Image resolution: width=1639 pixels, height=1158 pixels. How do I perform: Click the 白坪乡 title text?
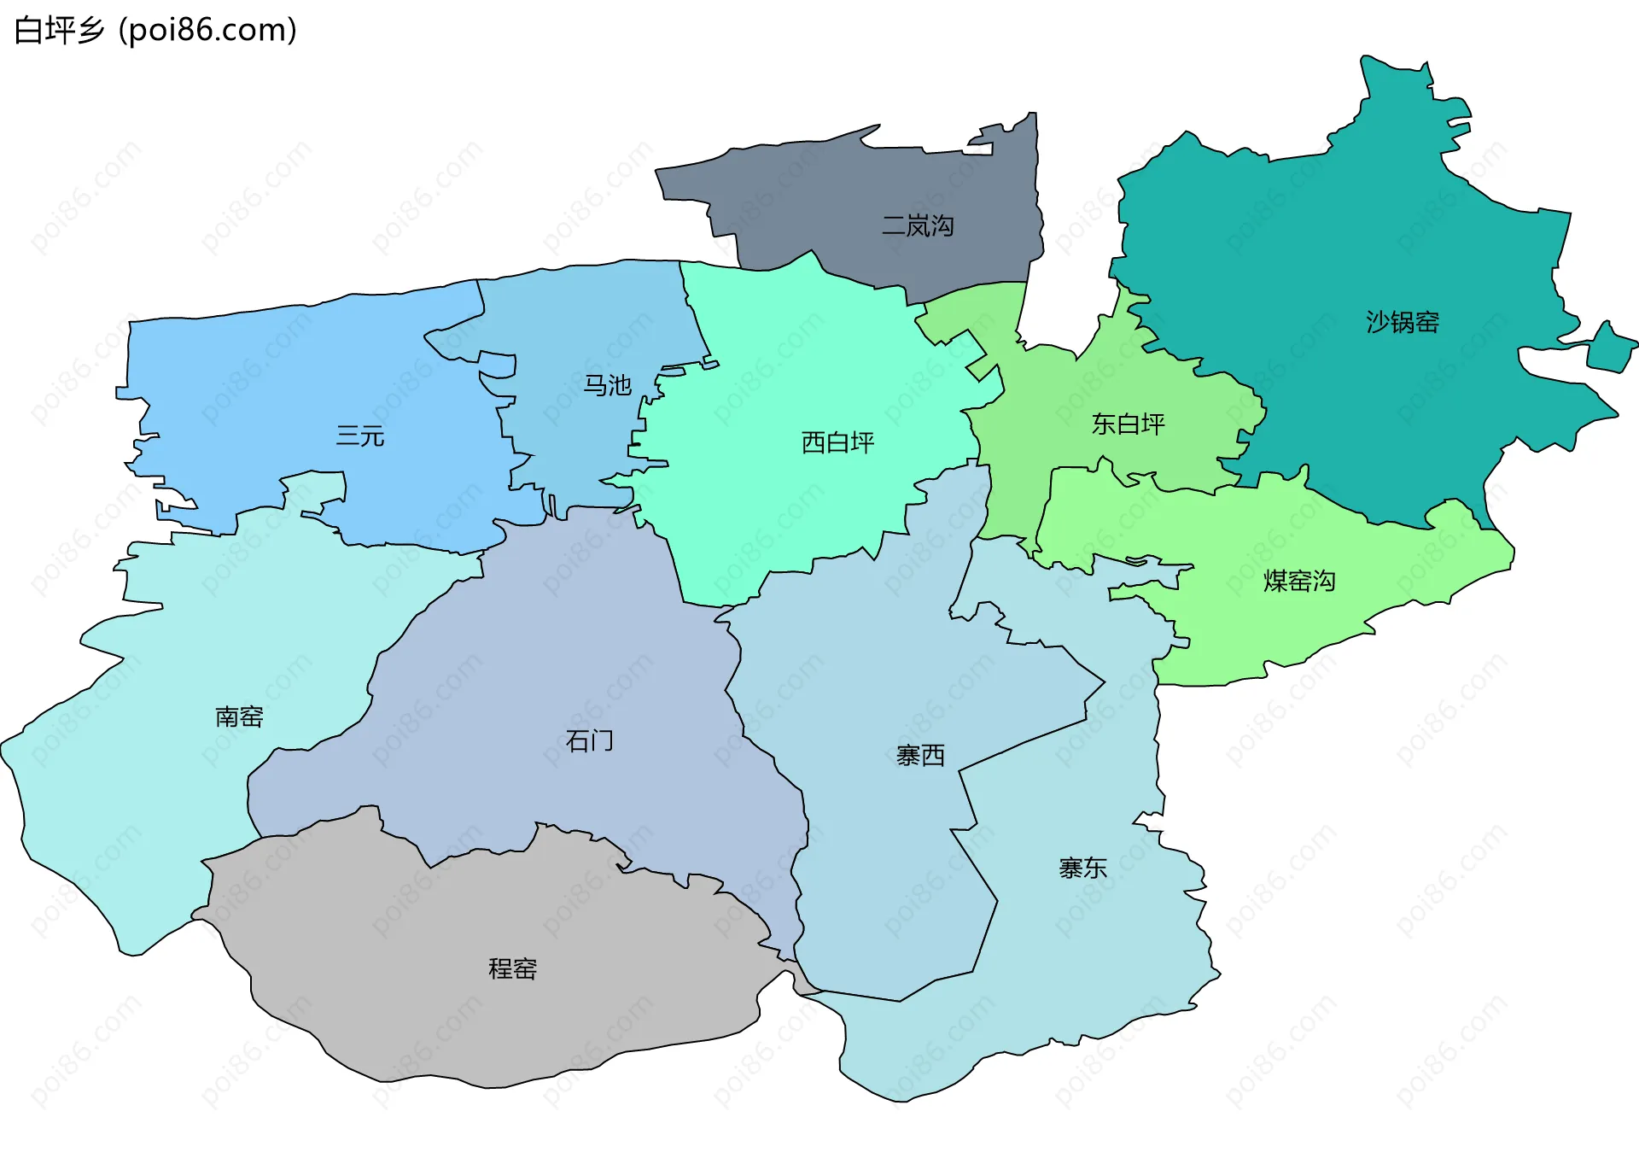(58, 31)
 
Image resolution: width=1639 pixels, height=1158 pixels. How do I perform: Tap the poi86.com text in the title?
(207, 31)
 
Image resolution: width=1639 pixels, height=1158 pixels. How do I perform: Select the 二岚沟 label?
(918, 226)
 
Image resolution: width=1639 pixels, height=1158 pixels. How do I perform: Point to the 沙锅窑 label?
(1403, 322)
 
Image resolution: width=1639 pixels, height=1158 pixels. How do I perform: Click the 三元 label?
(360, 436)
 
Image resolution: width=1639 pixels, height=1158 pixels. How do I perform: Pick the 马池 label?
(607, 386)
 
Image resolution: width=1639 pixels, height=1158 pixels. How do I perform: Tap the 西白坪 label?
(837, 442)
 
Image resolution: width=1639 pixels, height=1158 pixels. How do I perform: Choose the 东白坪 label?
(1128, 424)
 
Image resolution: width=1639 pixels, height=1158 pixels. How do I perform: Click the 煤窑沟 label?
(1298, 582)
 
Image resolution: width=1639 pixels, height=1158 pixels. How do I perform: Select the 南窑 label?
(239, 716)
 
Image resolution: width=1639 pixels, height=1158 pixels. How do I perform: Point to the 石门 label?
(589, 740)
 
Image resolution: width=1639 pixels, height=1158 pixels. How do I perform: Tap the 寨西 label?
(920, 756)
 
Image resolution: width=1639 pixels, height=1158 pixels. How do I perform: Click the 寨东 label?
(1082, 868)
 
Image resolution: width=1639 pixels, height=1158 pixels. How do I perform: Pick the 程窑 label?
(512, 969)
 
